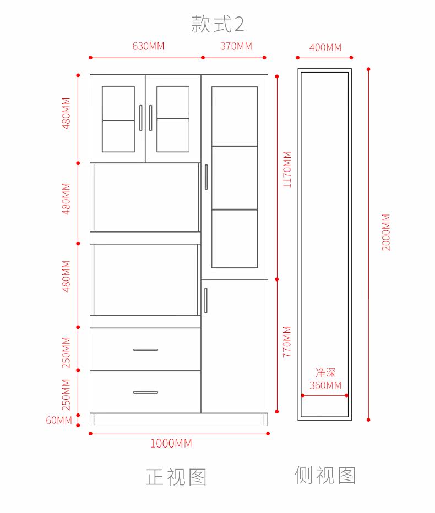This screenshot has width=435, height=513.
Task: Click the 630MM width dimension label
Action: pyautogui.click(x=148, y=46)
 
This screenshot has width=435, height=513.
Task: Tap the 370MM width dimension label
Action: pyautogui.click(x=236, y=46)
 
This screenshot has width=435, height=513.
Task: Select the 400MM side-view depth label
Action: pyautogui.click(x=325, y=47)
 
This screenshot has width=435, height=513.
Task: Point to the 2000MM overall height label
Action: pyautogui.click(x=386, y=232)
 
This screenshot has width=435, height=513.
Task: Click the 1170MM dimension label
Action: pyautogui.click(x=287, y=169)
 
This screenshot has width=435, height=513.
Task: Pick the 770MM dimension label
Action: pyautogui.click(x=287, y=341)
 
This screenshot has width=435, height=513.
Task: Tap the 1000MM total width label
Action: pyautogui.click(x=171, y=444)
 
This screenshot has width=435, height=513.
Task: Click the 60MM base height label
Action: pyautogui.click(x=59, y=420)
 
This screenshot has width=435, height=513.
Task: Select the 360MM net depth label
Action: pyautogui.click(x=325, y=385)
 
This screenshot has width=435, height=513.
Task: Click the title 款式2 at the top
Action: pyautogui.click(x=218, y=24)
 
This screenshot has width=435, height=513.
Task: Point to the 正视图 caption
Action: pyautogui.click(x=176, y=477)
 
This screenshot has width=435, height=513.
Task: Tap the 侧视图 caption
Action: pyautogui.click(x=325, y=475)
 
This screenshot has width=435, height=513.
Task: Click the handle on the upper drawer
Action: pyautogui.click(x=145, y=350)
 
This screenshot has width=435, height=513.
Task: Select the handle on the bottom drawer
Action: pyautogui.click(x=145, y=392)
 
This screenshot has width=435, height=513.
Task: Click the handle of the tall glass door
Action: pyautogui.click(x=206, y=177)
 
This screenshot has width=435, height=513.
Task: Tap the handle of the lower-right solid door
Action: pyautogui.click(x=206, y=300)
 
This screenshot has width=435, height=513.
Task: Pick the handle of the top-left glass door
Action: pyautogui.click(x=141, y=118)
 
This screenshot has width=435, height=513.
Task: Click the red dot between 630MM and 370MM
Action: pyautogui.click(x=203, y=58)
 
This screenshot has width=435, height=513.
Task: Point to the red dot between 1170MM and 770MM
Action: pyautogui.click(x=277, y=279)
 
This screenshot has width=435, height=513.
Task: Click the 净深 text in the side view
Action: pyautogui.click(x=325, y=373)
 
